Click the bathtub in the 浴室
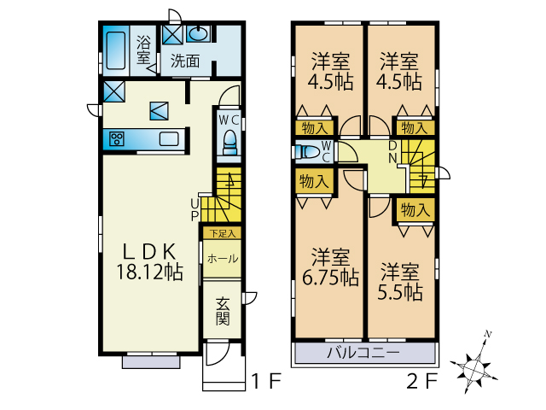point(116,51)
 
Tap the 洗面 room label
point(185,61)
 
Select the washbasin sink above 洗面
point(199,34)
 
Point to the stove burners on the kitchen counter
point(117,138)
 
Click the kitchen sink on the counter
point(169,138)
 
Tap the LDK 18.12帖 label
point(149,261)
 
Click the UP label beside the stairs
point(195,209)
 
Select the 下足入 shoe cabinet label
point(222,233)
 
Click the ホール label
point(223,259)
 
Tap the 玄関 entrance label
point(223,311)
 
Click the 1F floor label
point(266,381)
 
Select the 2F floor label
point(422,381)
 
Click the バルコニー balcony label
point(363,353)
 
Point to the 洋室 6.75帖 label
point(330,267)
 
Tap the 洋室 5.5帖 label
point(400,282)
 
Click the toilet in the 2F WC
point(307,152)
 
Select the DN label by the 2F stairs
point(392,152)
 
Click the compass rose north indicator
point(487,334)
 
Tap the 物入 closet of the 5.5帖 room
point(415,210)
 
